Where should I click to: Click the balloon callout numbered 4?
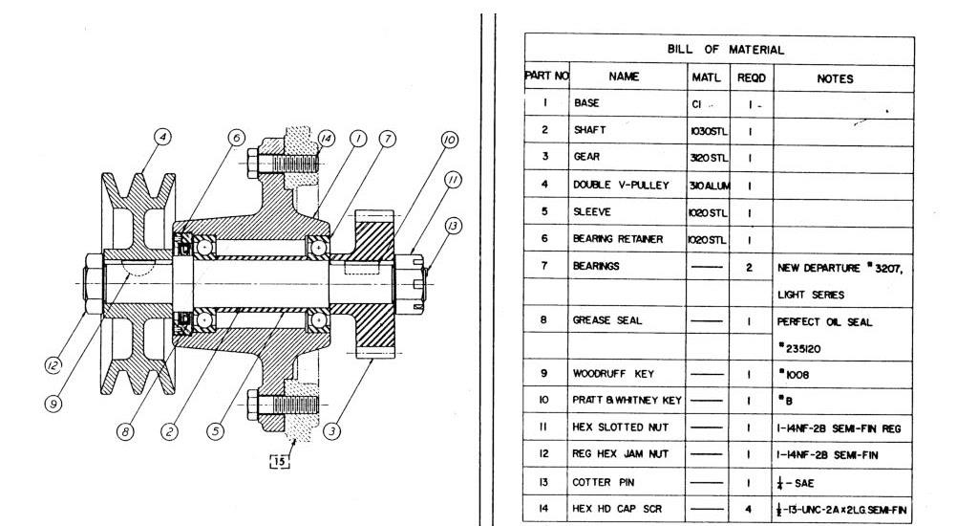(163, 138)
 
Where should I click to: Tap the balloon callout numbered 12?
(55, 364)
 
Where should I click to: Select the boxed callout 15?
(280, 461)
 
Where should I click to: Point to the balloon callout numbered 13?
(454, 226)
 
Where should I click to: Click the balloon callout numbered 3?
(332, 431)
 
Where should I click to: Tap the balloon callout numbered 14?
(326, 138)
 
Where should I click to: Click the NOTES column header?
(835, 78)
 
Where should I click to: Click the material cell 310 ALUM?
(708, 185)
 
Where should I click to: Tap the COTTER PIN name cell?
(599, 482)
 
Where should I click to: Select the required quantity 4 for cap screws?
(750, 510)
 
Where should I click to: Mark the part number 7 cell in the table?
(543, 267)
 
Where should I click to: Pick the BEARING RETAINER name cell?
(617, 239)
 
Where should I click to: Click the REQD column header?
(751, 77)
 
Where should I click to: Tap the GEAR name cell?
(587, 158)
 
